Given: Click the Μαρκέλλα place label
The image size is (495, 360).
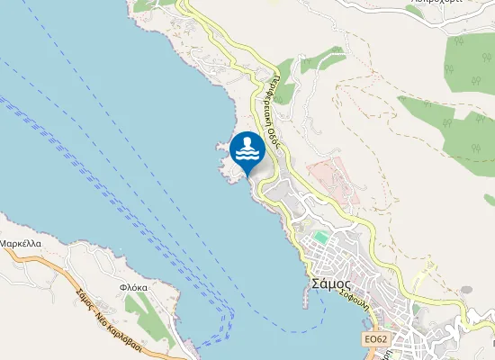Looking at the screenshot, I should [x=20, y=244].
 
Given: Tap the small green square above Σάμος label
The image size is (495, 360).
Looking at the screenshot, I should [x=320, y=238].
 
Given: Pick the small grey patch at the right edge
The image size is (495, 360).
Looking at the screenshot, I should [x=466, y=290].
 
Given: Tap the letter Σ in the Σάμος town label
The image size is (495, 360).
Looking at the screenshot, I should [x=314, y=282].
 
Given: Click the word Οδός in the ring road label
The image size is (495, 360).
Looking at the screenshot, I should [x=274, y=134].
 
